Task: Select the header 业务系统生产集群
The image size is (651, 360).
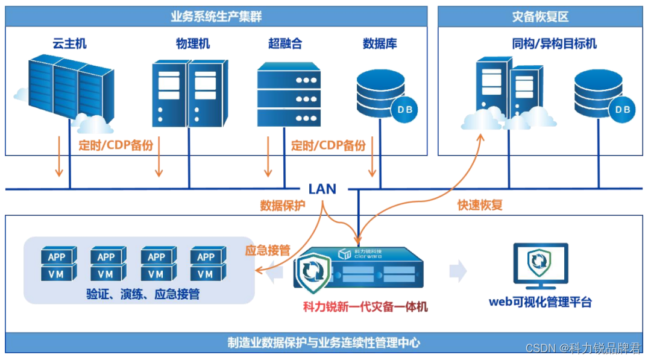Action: [x=216, y=16]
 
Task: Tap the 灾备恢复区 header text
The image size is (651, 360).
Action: [x=539, y=16]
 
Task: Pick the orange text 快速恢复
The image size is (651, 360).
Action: [x=480, y=205]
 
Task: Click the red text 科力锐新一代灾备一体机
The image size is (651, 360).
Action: [x=365, y=306]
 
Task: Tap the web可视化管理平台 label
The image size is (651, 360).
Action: [x=540, y=302]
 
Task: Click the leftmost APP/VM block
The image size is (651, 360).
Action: [x=58, y=264]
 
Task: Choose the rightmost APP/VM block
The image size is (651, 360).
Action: [x=206, y=264]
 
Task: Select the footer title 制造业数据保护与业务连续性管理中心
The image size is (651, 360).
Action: [x=324, y=343]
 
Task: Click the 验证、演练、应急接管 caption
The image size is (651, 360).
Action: [x=143, y=294]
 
